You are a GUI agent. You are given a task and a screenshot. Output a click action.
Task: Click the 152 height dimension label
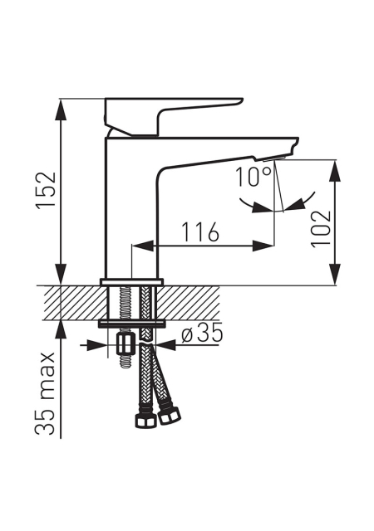click(x=47, y=191)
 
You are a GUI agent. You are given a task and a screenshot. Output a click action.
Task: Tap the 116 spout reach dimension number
click(x=200, y=232)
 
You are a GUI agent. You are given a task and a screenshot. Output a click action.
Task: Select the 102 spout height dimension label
click(x=321, y=229)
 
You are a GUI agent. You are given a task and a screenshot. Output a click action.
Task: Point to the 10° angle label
click(x=253, y=177)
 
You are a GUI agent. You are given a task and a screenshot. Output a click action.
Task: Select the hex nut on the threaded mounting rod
click(x=125, y=344)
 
